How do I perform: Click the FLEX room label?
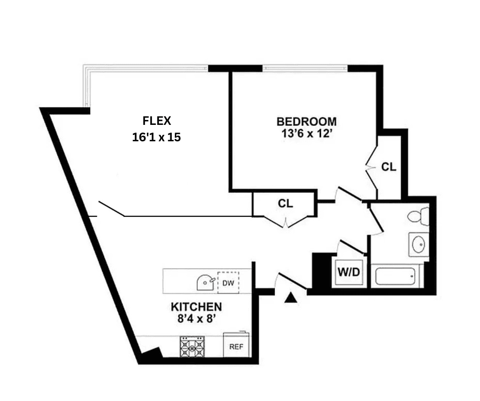click(157, 121)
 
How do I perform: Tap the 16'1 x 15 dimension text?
click(156, 137)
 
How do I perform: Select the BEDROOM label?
click(306, 122)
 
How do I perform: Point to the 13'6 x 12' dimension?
click(306, 133)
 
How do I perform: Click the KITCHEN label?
click(196, 306)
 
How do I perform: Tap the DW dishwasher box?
click(228, 283)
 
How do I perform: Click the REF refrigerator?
click(236, 345)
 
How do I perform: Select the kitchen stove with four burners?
click(192, 347)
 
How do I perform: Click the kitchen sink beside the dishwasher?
click(205, 282)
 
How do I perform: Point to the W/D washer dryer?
click(349, 272)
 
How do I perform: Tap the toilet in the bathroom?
click(419, 216)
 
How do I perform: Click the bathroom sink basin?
click(419, 245)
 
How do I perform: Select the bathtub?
click(395, 276)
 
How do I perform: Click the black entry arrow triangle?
click(290, 298)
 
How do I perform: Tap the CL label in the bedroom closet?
click(388, 167)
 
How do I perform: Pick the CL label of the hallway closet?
click(285, 203)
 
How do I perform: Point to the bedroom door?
click(349, 194)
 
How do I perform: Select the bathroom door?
click(376, 219)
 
